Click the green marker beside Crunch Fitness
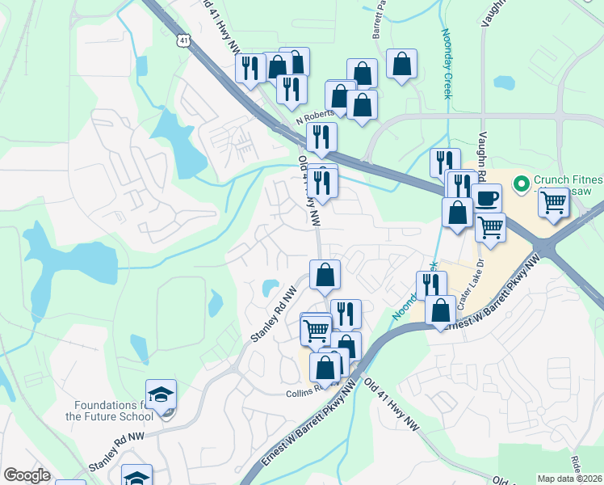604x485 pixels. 521,183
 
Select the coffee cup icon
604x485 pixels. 487,197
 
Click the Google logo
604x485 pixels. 27,474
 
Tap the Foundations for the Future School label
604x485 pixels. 109,411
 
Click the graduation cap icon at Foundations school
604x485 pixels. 161,394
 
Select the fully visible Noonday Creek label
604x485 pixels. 446,64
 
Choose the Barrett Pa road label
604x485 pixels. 376,19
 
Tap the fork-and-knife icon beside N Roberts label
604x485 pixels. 321,137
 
